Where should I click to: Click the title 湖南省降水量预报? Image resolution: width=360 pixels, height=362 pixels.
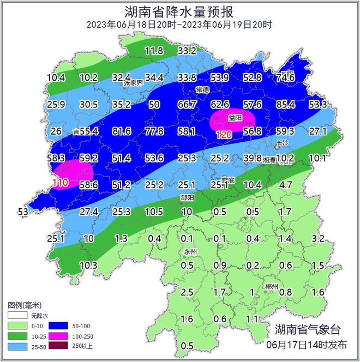click(x=179, y=11)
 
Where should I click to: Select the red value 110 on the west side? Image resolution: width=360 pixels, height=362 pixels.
click(x=61, y=183)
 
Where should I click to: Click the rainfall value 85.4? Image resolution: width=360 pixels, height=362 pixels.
click(x=285, y=104)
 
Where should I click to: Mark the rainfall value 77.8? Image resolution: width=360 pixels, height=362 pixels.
click(x=154, y=131)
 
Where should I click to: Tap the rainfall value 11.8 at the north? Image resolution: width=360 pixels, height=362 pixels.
click(x=154, y=51)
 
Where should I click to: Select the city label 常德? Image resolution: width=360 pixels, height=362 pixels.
click(x=202, y=89)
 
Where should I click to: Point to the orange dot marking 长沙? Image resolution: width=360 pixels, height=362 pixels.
click(x=276, y=147)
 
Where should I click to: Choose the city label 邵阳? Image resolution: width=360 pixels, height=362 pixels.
click(x=187, y=198)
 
